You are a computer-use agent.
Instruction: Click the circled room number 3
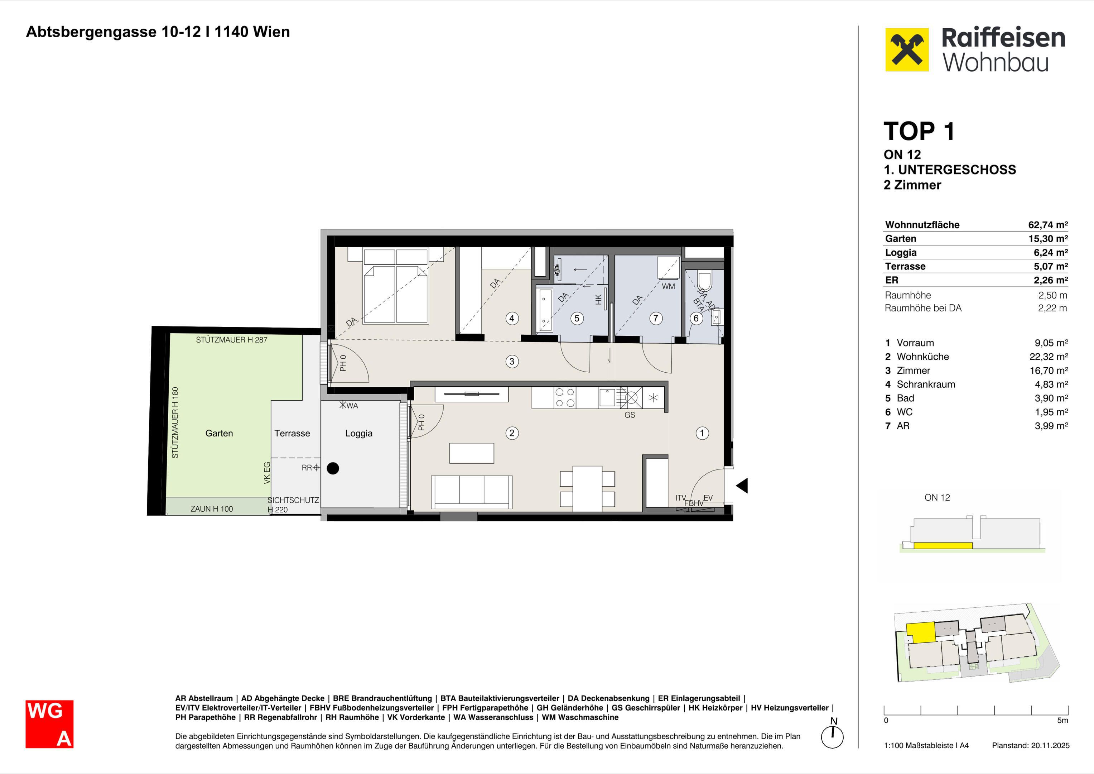pyautogui.click(x=512, y=362)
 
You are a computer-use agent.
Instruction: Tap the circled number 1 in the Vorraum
pyautogui.click(x=702, y=433)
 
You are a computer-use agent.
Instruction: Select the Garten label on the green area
pyautogui.click(x=219, y=433)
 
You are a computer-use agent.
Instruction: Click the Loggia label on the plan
pyautogui.click(x=359, y=433)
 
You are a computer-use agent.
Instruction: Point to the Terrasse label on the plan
pyautogui.click(x=292, y=433)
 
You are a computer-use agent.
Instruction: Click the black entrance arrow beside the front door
pyautogui.click(x=742, y=486)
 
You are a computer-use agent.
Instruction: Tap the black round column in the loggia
pyautogui.click(x=333, y=468)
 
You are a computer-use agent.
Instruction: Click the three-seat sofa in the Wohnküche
pyautogui.click(x=472, y=492)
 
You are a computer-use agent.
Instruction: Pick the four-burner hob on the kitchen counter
pyautogui.click(x=565, y=398)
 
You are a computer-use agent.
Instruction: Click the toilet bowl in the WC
pyautogui.click(x=704, y=281)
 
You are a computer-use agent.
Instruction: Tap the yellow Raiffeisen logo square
pyautogui.click(x=907, y=49)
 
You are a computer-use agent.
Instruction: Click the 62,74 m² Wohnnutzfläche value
pyautogui.click(x=1048, y=225)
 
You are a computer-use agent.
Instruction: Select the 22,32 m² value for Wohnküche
pyautogui.click(x=1048, y=357)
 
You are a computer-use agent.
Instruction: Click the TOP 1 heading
pyautogui.click(x=919, y=131)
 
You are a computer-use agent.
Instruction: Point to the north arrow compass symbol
pyautogui.click(x=833, y=735)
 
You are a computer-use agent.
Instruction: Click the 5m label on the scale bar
pyautogui.click(x=1062, y=720)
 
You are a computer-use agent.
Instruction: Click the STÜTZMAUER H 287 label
pyautogui.click(x=232, y=340)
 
